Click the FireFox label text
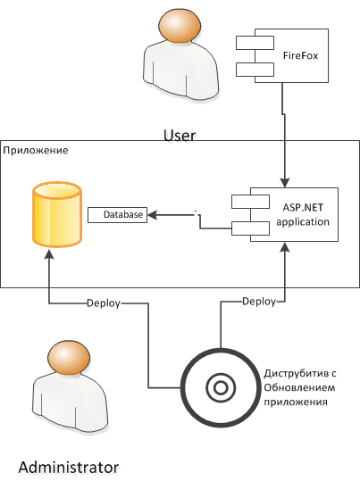coord(300,56)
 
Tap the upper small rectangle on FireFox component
coord(255,43)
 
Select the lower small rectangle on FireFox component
coord(255,70)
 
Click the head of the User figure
coord(180,26)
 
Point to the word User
coord(180,136)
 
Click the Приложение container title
coord(36,150)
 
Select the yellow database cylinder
coord(57,214)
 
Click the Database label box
coord(118,215)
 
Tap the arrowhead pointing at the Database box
coord(153,215)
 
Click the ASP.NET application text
coord(303,214)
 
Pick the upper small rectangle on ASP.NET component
coord(250,202)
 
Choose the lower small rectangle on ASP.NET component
coord(250,228)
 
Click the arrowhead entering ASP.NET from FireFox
coord(285,183)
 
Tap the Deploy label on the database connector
coord(104,303)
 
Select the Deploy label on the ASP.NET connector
coord(259,302)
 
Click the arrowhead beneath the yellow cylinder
coord(49,253)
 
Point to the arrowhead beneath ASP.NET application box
coord(285,247)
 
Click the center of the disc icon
coord(221,387)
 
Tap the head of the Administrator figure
coord(69,358)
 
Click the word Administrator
coord(69,468)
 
